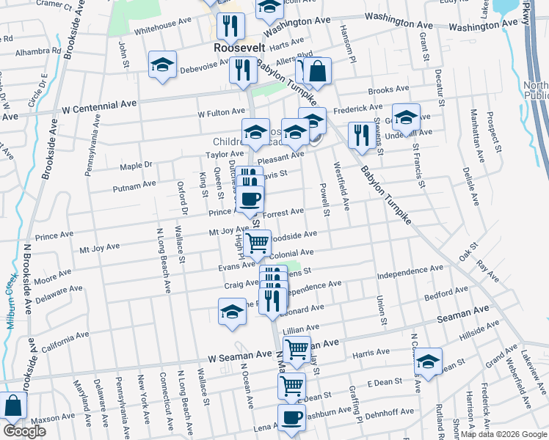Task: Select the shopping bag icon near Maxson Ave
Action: click(13, 406)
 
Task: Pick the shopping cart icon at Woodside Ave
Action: click(257, 243)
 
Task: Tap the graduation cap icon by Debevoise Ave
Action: click(163, 65)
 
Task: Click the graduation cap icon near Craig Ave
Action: click(232, 311)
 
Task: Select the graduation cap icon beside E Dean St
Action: click(429, 361)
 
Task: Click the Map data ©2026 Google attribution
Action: click(503, 433)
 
